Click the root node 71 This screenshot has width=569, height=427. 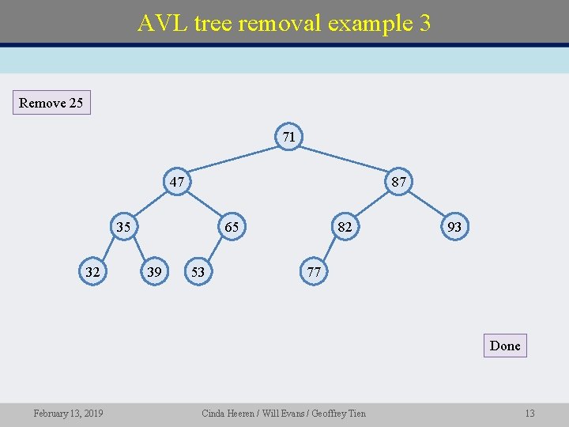(289, 137)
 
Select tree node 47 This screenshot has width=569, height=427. (177, 183)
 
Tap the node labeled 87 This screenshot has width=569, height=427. (398, 183)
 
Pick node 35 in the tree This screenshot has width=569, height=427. (123, 228)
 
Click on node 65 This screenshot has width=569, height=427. (231, 228)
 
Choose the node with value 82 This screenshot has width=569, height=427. (344, 228)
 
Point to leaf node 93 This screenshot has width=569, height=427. (454, 228)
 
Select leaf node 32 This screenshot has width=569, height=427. (92, 272)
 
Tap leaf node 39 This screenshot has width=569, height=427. (155, 272)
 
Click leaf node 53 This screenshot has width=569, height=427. (198, 272)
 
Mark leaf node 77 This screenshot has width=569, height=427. (314, 272)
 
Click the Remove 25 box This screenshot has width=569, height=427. (51, 103)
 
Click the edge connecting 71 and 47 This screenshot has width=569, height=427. (233, 160)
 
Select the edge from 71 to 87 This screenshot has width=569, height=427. (344, 160)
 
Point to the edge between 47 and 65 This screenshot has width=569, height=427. (204, 205)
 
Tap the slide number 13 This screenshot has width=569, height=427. (529, 414)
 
